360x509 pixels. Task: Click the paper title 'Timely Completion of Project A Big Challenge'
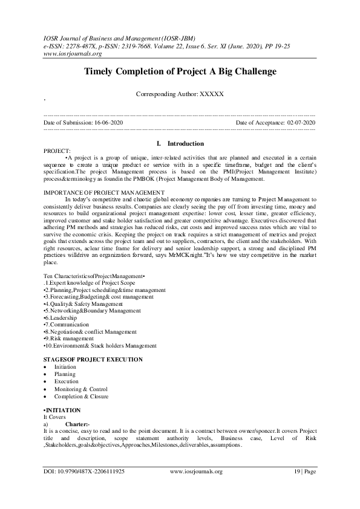point(180,71)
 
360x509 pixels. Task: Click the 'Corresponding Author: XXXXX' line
point(180,94)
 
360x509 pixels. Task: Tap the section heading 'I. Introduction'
point(180,144)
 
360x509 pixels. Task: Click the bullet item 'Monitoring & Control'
point(80,389)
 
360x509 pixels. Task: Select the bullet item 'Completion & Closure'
point(81,396)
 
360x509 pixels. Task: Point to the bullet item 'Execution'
point(66,381)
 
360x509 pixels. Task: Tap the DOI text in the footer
point(84,470)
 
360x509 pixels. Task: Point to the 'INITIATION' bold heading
point(64,410)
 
